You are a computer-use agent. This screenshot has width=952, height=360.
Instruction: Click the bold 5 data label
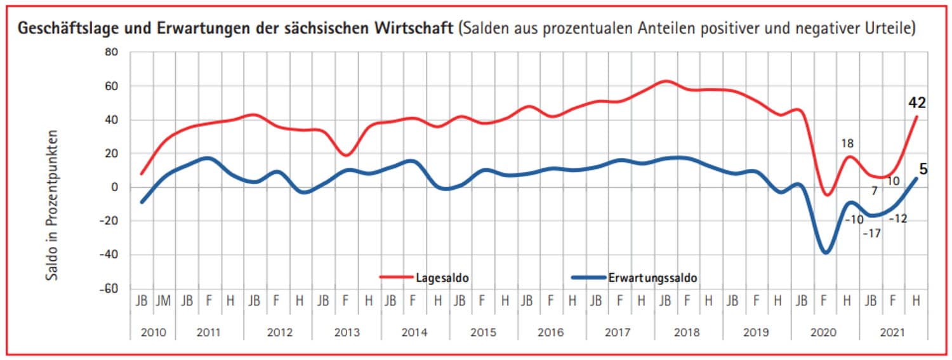click(x=923, y=170)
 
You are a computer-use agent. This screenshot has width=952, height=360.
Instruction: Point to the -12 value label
click(x=898, y=218)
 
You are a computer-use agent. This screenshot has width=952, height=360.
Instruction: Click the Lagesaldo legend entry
click(x=442, y=277)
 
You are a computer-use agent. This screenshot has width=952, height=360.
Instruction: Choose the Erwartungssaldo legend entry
click(x=662, y=277)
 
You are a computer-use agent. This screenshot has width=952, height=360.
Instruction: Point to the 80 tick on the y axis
click(x=112, y=52)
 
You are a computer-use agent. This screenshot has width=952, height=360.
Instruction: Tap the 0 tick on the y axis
click(x=115, y=187)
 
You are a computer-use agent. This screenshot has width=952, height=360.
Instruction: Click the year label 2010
click(x=153, y=331)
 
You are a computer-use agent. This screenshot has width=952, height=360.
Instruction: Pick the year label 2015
click(x=483, y=331)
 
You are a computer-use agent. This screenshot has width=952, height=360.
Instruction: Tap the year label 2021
click(x=893, y=331)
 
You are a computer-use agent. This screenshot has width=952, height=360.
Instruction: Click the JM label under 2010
click(x=164, y=300)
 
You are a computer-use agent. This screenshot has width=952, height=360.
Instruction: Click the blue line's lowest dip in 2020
click(x=826, y=253)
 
